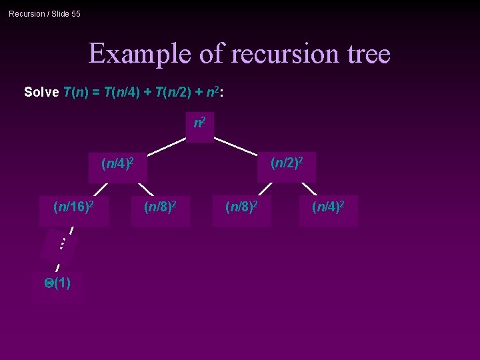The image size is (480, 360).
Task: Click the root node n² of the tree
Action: pos(199,124)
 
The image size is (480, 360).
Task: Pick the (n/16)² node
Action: pos(73,207)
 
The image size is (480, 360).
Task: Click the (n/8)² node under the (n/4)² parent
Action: pos(160,207)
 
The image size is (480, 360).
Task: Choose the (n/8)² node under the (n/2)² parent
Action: pos(242,207)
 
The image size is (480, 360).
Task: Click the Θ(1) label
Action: pos(57,283)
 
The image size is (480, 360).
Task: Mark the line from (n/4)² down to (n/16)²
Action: pos(101,190)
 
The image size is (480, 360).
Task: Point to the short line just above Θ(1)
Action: pos(58,267)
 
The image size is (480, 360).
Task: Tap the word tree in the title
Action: pos(365,53)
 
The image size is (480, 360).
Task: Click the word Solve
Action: pos(41,92)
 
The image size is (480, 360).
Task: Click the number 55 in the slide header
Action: pos(75,13)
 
